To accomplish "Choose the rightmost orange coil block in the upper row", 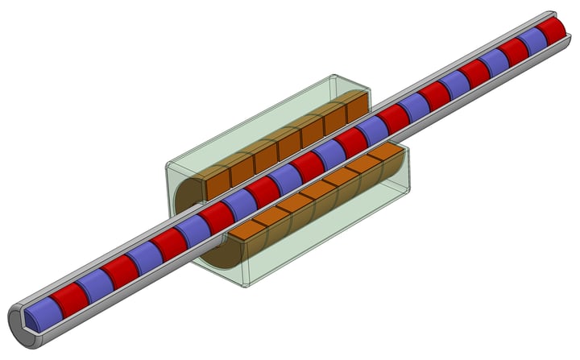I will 355,106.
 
